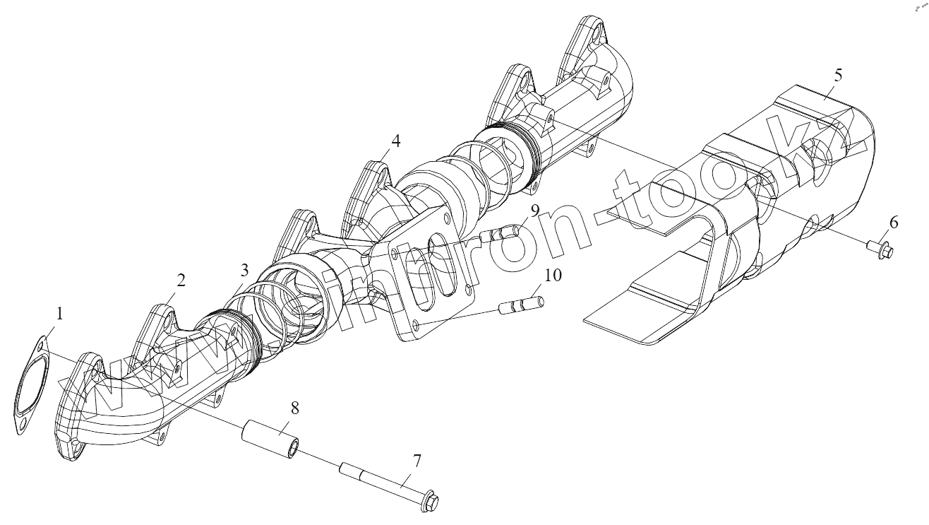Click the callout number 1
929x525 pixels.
(x=59, y=313)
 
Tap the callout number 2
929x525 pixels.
(x=181, y=280)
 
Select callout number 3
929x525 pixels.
(x=244, y=270)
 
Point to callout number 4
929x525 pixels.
(x=396, y=141)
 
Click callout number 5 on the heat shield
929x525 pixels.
(x=838, y=76)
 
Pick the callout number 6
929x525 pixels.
(x=894, y=223)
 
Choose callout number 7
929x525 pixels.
(x=417, y=461)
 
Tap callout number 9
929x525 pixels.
(x=535, y=211)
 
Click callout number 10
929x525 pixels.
(x=553, y=275)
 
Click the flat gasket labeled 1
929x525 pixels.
(x=32, y=385)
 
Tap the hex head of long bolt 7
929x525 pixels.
(x=431, y=502)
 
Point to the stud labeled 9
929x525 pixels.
(x=501, y=232)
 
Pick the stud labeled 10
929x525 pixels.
(x=521, y=306)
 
